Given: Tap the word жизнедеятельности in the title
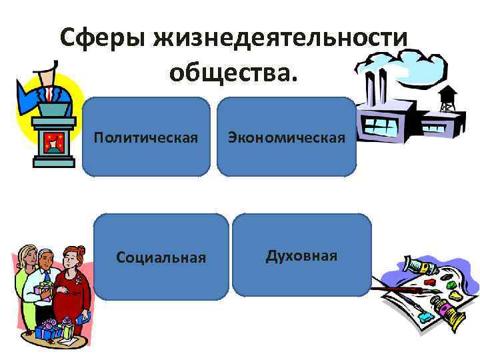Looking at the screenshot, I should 281,38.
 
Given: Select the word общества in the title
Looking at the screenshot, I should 230,73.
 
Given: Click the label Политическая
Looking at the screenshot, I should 146,138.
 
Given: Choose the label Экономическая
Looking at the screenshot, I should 287,138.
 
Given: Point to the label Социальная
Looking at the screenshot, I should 161,257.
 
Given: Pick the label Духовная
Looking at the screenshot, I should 301,256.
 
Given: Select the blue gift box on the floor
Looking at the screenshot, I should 47,331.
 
